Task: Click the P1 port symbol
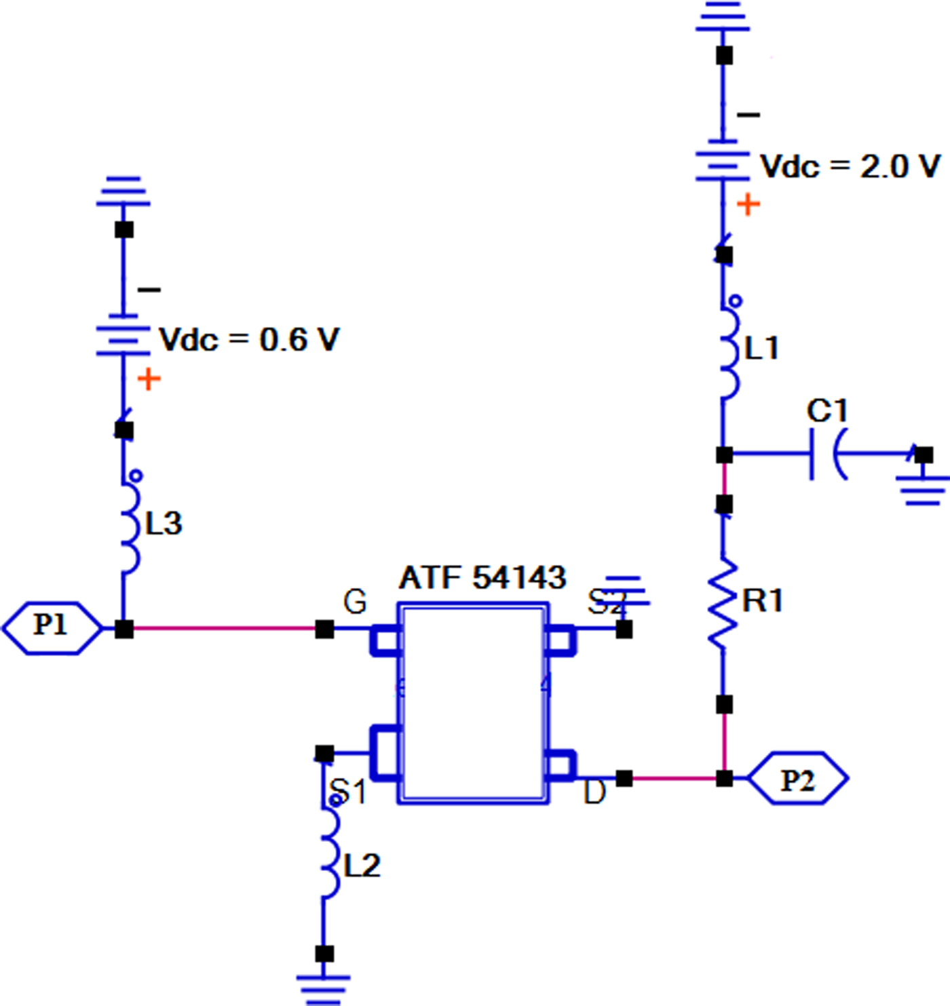pos(52,627)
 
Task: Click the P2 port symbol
pos(797,779)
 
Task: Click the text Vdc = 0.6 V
pos(248,339)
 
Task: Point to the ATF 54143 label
pos(482,578)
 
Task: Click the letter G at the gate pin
pos(356,602)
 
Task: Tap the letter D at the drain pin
pos(594,792)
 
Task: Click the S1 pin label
pos(349,792)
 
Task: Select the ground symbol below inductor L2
pos(324,987)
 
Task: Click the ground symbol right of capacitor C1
pos(922,490)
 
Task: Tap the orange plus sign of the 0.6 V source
pos(149,379)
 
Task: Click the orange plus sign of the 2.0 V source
pos(748,204)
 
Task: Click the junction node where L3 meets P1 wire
pos(123,629)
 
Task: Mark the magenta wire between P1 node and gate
pos(224,629)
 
